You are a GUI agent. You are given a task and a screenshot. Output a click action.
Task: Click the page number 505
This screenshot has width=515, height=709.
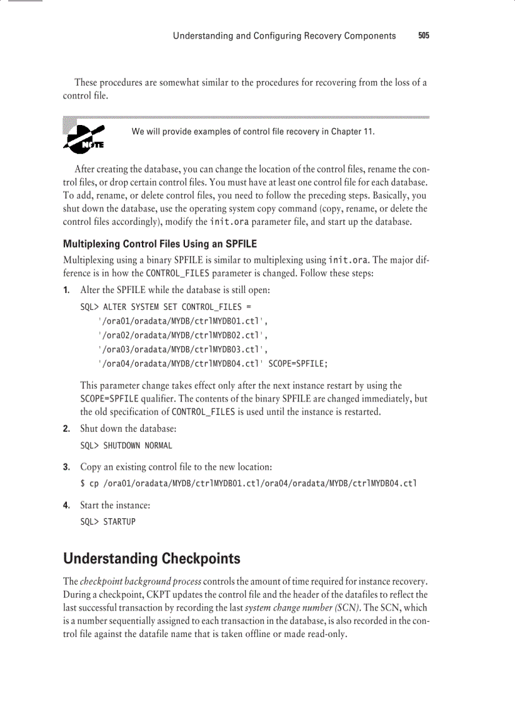423,36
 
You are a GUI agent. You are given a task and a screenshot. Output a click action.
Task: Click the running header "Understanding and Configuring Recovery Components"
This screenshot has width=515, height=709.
284,36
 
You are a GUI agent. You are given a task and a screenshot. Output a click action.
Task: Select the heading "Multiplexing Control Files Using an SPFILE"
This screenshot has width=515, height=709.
160,244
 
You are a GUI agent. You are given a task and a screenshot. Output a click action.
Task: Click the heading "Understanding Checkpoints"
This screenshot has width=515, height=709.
151,559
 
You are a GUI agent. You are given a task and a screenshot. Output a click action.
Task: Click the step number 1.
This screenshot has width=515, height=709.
66,290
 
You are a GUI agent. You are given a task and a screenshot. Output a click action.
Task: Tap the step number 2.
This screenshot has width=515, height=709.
66,429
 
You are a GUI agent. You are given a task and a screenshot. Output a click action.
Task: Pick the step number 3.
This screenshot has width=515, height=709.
66,467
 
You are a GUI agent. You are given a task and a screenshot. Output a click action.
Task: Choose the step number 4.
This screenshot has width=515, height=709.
66,505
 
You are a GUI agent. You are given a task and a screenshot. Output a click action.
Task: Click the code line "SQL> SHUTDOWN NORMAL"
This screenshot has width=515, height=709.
126,445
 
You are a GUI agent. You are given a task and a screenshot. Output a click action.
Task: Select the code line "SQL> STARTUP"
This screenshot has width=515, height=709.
108,521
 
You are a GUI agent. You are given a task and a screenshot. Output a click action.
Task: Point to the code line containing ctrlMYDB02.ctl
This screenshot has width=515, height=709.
183,335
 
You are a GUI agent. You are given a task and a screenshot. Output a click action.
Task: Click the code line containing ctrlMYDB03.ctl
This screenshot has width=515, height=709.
183,349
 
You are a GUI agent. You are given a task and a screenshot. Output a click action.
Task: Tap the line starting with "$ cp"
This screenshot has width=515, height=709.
248,484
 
